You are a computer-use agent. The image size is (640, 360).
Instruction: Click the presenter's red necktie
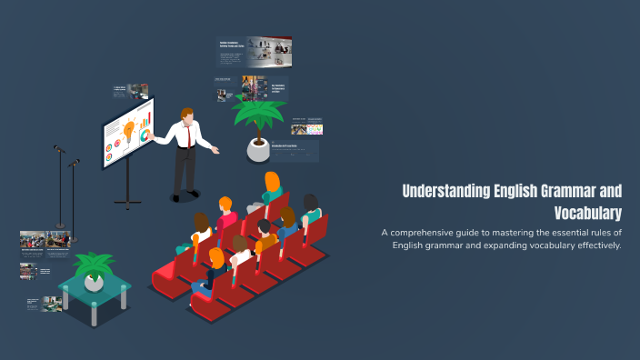[189, 136]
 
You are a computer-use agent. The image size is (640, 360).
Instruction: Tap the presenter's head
[186, 115]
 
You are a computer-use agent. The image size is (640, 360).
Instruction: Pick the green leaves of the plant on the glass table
[94, 265]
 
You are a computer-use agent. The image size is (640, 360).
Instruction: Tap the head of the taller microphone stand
[57, 148]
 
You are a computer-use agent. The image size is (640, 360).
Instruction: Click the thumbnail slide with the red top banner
[255, 51]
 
